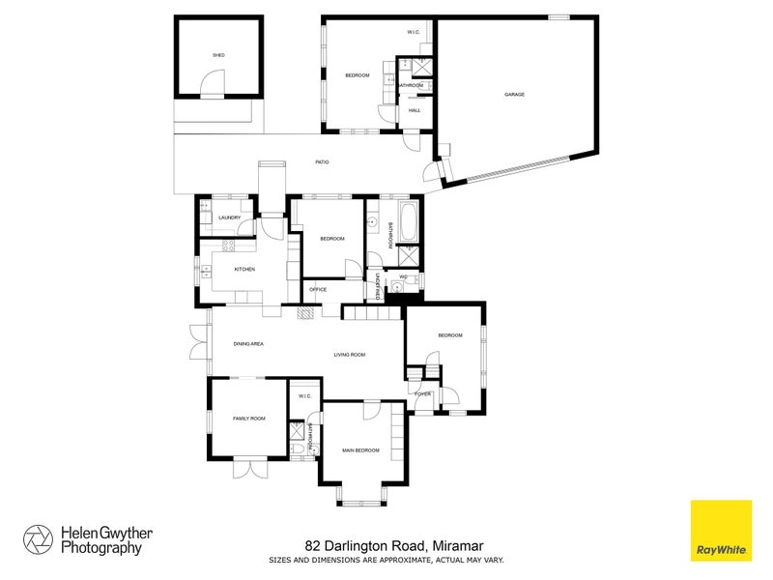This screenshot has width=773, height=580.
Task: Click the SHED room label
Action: point(218,55)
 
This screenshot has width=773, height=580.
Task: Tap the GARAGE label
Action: point(513,95)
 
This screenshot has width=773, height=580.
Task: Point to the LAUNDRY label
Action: point(229,217)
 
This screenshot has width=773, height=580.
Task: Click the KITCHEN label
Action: point(244,269)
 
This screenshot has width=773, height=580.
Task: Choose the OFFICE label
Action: point(317,289)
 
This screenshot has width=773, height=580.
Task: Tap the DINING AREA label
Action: point(249,343)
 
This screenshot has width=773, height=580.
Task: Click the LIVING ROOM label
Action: point(349,355)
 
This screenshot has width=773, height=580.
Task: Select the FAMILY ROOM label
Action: point(248,419)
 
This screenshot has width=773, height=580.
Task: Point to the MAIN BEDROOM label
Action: point(360,450)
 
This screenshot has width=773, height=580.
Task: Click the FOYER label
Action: point(422,394)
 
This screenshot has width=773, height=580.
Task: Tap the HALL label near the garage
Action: point(415,110)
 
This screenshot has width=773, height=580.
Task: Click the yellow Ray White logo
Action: point(721,530)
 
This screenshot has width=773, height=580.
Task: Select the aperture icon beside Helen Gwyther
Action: point(39,539)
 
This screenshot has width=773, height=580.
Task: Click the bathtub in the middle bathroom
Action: point(406,222)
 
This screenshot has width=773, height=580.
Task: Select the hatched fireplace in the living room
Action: point(306,313)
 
